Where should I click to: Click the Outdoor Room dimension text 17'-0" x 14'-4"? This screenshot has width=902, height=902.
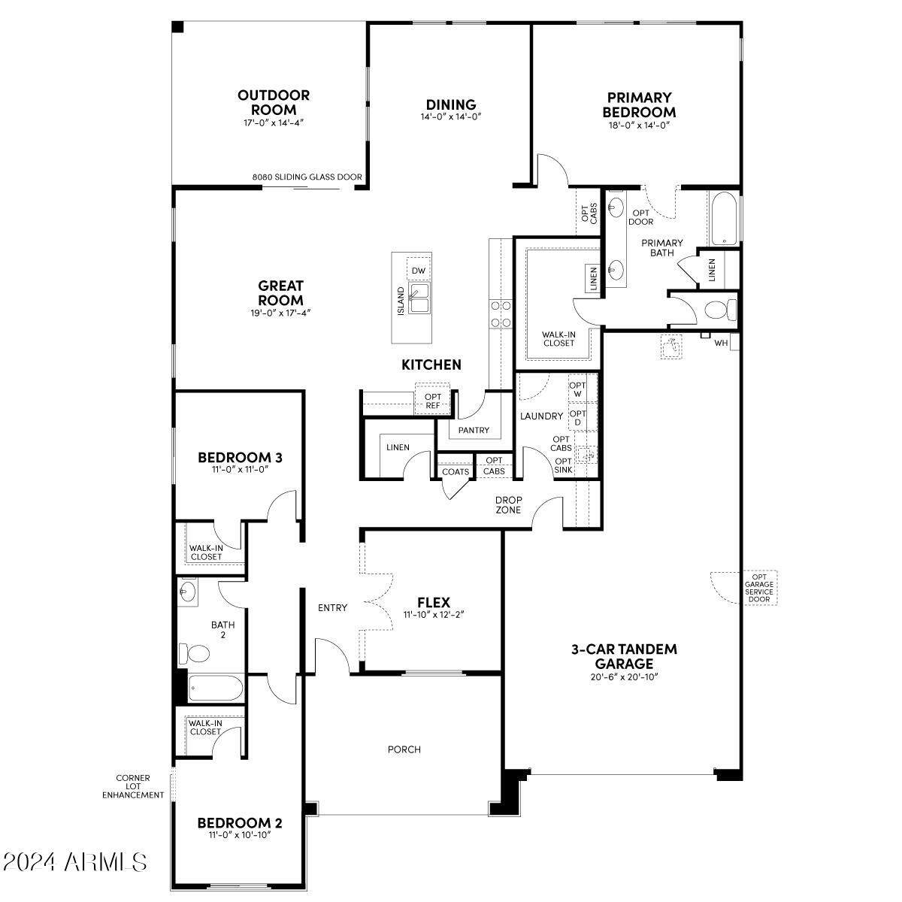coord(274,123)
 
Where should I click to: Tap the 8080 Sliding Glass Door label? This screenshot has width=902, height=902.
coord(307,177)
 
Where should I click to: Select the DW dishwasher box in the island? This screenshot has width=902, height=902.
coord(419,271)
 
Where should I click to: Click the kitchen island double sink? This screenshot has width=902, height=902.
coord(419,298)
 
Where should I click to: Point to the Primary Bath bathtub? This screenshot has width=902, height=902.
coord(724,218)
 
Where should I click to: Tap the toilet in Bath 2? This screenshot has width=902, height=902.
coord(194,653)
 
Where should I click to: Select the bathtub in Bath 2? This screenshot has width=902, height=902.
coord(215,688)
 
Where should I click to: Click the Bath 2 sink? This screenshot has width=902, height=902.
coord(187,592)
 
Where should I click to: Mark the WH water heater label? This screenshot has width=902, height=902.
coord(721,343)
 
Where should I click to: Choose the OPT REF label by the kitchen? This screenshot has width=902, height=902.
coord(433,401)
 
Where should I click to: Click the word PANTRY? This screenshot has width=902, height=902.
coord(474,430)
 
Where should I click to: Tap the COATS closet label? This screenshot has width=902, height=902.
coord(456,471)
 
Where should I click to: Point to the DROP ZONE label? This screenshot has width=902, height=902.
coord(508,505)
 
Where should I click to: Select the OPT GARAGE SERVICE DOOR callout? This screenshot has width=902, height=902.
coord(759,588)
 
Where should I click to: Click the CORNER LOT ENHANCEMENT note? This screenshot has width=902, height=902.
coord(133,786)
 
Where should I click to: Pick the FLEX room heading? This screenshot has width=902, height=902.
coord(434,602)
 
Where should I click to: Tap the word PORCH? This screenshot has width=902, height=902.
coord(404,749)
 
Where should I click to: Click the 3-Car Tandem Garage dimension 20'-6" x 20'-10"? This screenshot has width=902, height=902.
coord(624,676)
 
